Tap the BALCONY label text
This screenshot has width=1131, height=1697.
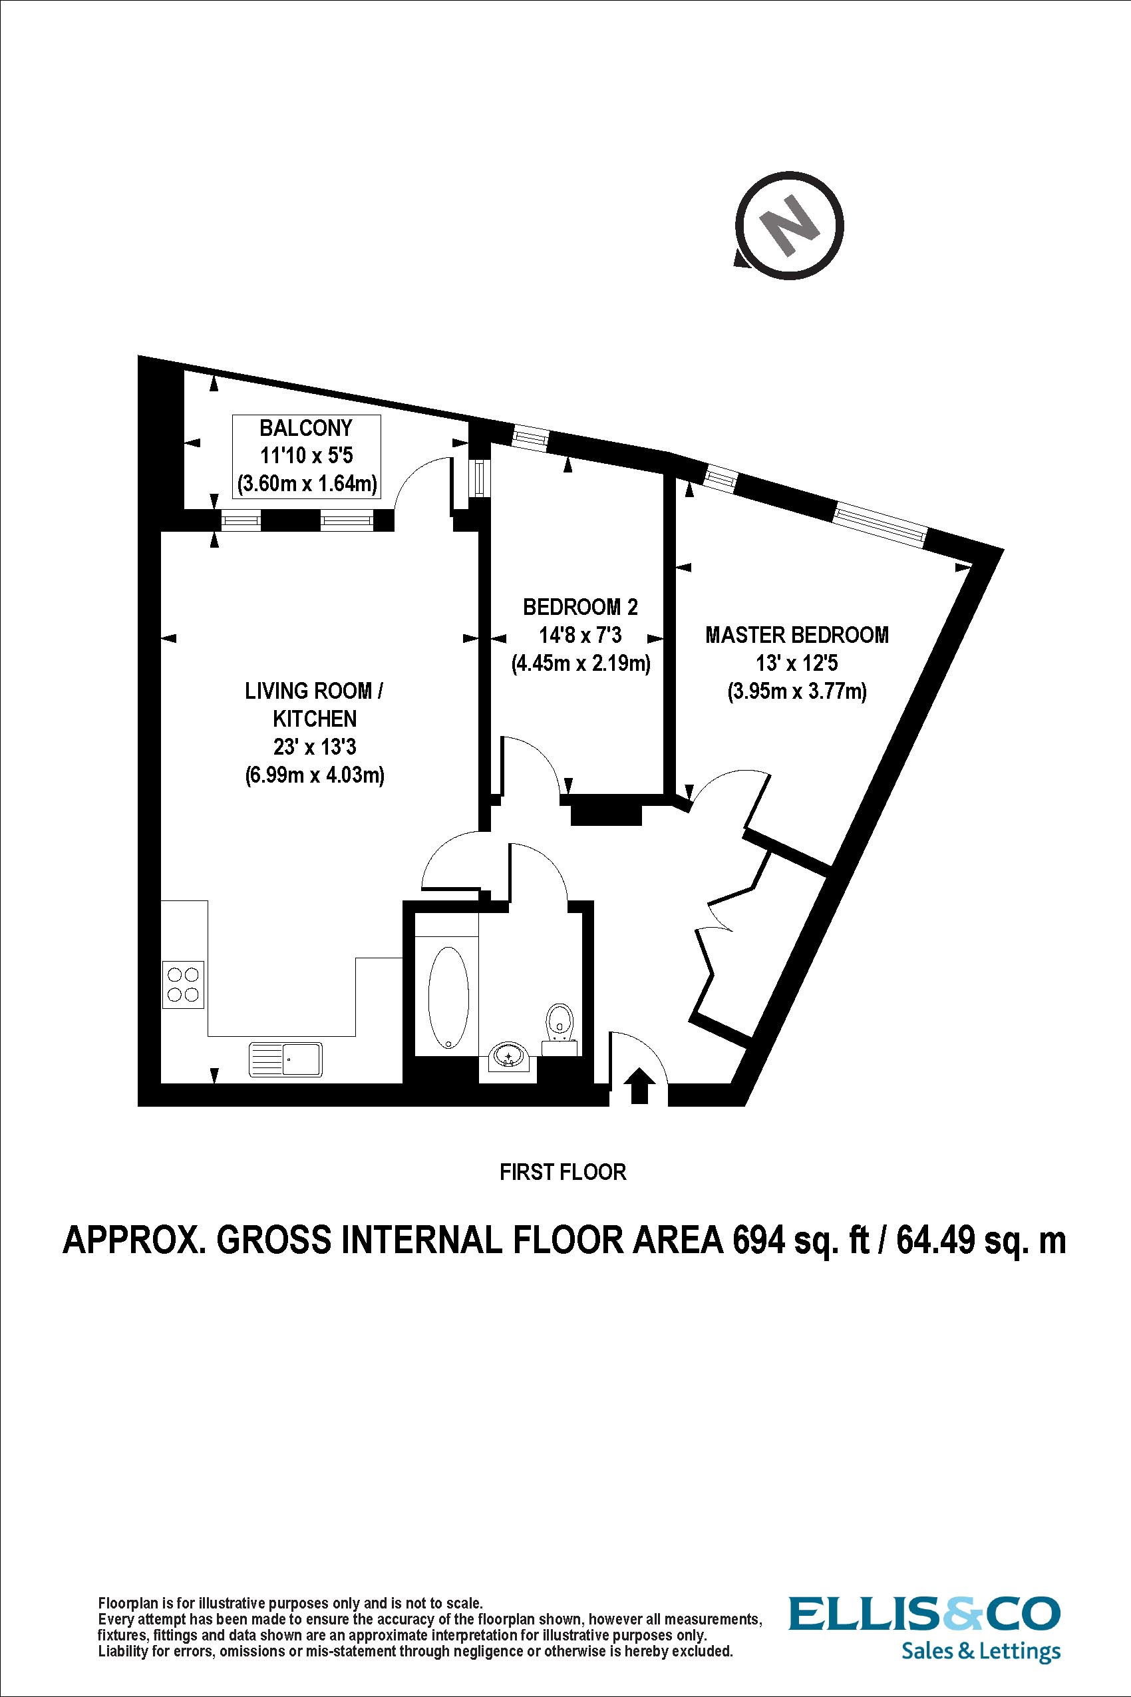click(306, 429)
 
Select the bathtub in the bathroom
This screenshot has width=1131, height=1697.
click(448, 996)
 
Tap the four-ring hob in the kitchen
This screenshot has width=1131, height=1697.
click(183, 985)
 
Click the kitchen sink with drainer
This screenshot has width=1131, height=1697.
click(285, 1059)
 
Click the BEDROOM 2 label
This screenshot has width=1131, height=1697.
click(581, 607)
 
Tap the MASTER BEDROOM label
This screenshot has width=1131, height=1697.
click(797, 635)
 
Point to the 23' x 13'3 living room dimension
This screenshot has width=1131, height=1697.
click(315, 747)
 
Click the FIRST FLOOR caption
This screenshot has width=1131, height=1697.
click(563, 1173)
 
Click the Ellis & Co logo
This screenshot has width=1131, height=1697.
click(925, 1613)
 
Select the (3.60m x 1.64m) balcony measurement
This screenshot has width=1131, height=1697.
click(307, 483)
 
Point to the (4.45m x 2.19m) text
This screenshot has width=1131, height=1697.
click(581, 662)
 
